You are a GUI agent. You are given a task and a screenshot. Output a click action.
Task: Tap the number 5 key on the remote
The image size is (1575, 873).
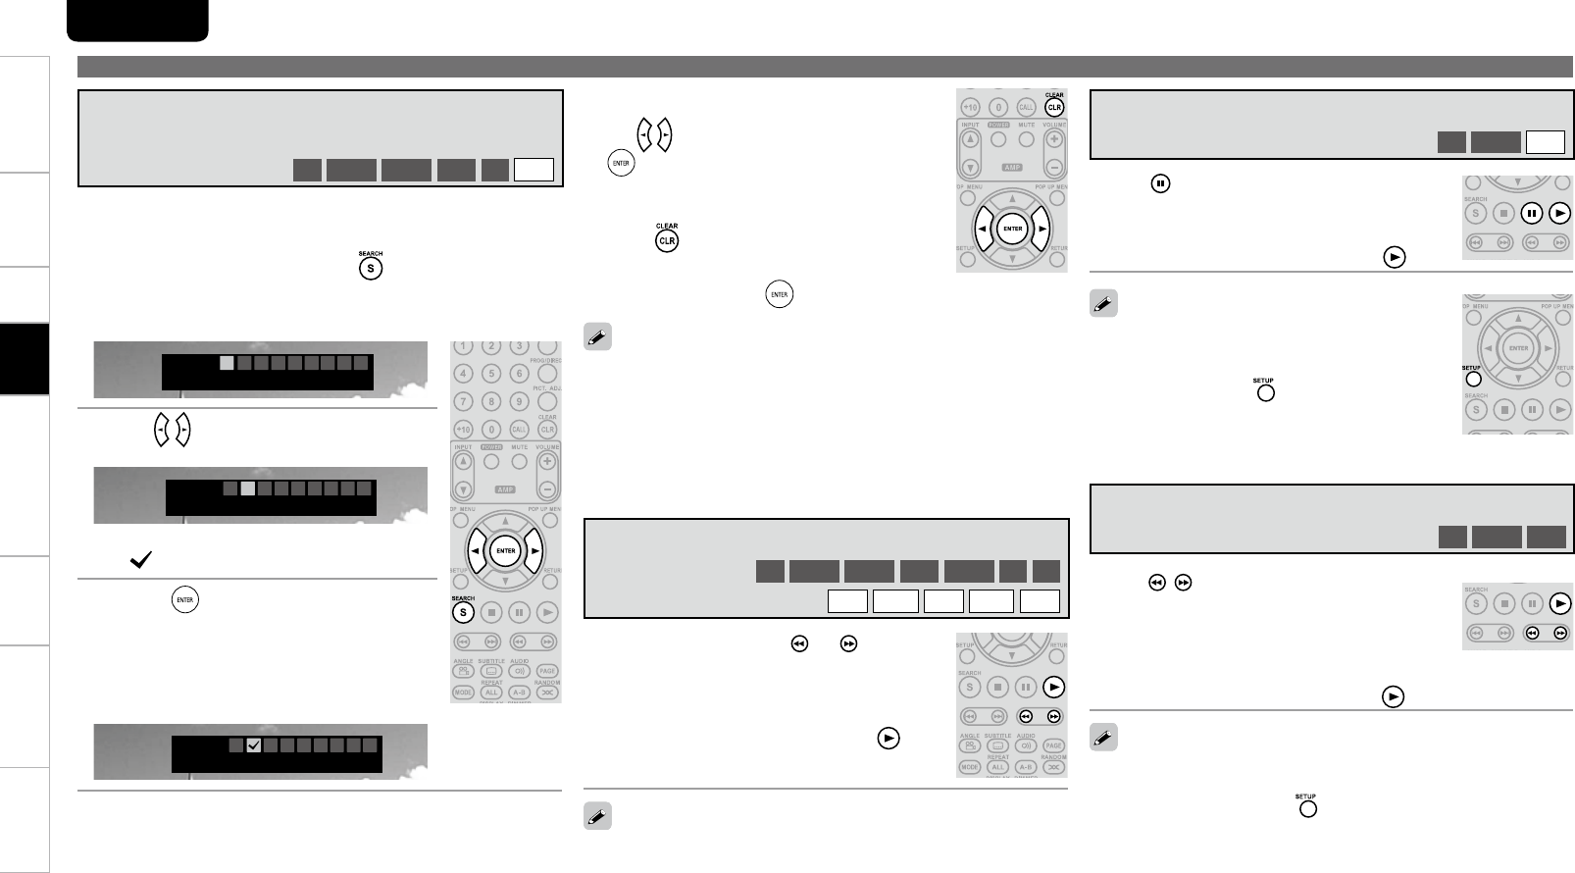(491, 374)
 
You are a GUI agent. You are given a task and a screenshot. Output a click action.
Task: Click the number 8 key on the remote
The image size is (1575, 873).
(491, 401)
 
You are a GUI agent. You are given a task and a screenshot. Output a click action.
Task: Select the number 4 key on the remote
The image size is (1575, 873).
(463, 374)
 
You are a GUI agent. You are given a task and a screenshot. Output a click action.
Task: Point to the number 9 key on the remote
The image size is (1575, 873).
(520, 401)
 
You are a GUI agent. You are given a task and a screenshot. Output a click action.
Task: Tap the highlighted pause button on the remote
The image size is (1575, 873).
(1531, 213)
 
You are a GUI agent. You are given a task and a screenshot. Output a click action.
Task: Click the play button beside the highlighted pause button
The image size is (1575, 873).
(1559, 213)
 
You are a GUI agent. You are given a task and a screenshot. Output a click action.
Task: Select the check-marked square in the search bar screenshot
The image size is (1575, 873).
(253, 745)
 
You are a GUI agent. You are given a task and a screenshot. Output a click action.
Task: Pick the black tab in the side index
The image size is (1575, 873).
(25, 358)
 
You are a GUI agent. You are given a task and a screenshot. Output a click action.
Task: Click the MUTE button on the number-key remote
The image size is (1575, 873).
(520, 461)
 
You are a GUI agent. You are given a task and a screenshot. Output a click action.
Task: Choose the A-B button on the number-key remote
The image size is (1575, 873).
(520, 692)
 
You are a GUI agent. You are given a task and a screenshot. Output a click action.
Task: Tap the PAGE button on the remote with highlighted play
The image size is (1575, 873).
(1053, 745)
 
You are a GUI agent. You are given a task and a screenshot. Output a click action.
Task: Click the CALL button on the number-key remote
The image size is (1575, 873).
(520, 430)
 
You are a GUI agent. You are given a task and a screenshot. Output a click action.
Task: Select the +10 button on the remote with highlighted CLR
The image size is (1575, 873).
(969, 107)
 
